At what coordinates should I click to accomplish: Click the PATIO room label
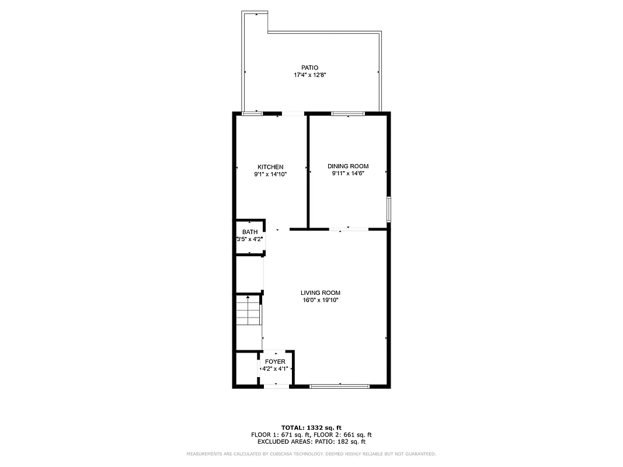(309, 68)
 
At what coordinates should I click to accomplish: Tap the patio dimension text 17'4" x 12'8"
(309, 75)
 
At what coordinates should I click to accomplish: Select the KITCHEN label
(270, 167)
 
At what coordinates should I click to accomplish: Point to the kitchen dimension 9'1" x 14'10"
(270, 174)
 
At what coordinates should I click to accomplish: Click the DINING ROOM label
(348, 166)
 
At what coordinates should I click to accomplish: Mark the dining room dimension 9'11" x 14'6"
(348, 173)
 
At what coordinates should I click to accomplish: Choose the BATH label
(249, 232)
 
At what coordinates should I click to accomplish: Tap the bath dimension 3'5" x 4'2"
(249, 239)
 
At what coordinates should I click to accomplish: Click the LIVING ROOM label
(320, 293)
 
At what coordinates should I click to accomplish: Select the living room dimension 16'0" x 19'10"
(320, 300)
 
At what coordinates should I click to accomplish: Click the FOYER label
(275, 362)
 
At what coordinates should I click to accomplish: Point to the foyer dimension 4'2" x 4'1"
(275, 369)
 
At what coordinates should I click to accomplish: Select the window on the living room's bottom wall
(339, 386)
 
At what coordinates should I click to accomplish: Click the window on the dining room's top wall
(348, 113)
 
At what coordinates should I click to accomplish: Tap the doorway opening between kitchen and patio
(294, 113)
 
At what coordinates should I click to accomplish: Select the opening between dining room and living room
(349, 229)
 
